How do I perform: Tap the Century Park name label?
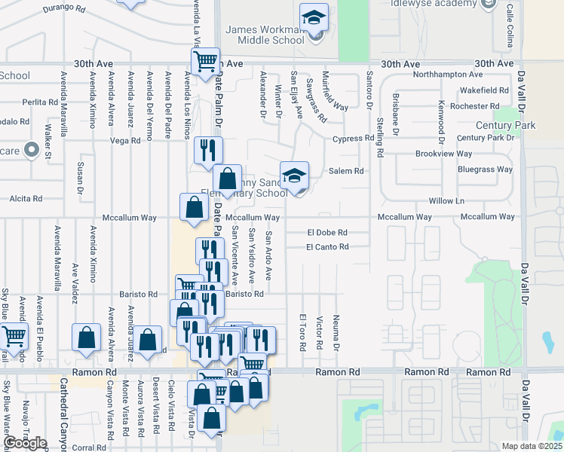pos(505,125)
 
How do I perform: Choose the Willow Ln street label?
pos(446,201)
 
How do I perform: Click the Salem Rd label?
pos(346,171)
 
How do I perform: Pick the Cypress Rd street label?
pos(354,139)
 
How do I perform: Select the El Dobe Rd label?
pos(326,233)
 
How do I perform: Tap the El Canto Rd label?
pos(327,246)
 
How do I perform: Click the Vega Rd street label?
pos(125,140)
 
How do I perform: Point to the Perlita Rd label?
pos(40,102)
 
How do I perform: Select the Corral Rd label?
pos(90,447)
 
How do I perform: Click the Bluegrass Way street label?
pos(485,169)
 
